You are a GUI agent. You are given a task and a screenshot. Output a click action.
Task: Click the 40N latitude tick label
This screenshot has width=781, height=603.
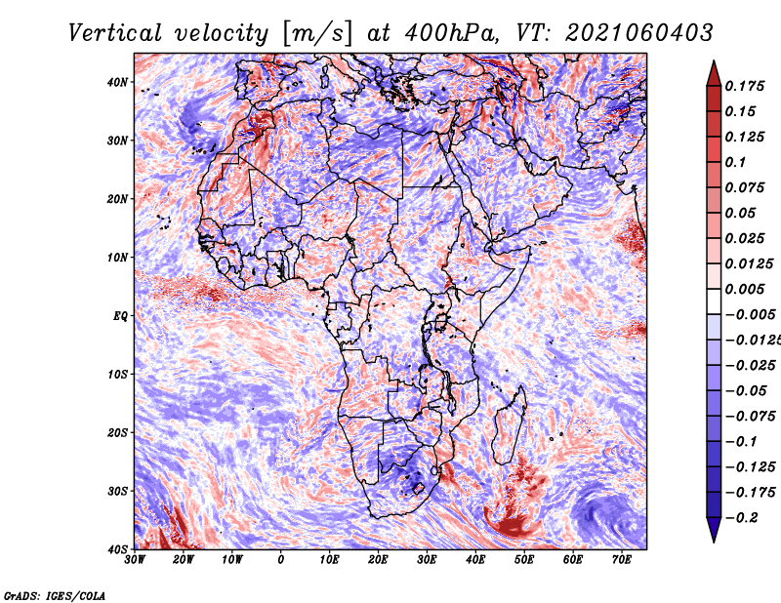pos(117,82)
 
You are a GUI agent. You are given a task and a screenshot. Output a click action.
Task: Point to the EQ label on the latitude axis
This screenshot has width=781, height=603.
pos(120,316)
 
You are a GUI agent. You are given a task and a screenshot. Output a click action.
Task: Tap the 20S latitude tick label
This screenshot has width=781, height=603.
pos(117,432)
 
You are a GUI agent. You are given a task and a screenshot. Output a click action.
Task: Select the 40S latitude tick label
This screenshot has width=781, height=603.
pos(117,549)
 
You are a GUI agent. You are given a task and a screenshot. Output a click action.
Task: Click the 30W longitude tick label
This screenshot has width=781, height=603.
pos(135,560)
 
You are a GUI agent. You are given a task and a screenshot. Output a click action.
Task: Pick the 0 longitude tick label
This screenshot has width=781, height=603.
pos(281,560)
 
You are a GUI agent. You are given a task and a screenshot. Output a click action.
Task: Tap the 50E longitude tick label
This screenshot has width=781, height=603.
pos(524,560)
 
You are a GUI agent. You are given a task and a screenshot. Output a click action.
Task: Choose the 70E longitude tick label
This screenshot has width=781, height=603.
pos(622,560)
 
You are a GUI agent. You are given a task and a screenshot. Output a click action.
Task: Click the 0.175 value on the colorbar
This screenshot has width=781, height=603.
pos(744,86)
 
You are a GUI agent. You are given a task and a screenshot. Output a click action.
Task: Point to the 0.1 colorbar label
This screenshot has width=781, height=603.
pos(735,162)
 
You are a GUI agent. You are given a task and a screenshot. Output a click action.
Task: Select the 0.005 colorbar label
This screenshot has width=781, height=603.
pos(744,289)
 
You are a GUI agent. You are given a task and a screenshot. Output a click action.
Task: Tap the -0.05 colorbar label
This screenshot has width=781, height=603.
pos(750,391)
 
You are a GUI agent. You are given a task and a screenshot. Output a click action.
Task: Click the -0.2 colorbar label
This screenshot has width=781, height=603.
pos(741,518)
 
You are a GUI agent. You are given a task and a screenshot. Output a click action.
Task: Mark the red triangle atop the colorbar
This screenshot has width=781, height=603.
pos(714,74)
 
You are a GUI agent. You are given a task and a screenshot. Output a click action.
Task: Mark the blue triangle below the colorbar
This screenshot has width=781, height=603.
pos(714,530)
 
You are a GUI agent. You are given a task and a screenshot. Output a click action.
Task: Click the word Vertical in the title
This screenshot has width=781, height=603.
pos(114,33)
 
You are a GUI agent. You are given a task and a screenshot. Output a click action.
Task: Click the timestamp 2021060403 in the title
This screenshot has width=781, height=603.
pos(639,33)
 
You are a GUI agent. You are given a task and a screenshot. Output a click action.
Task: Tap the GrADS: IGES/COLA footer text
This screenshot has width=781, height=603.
pos(55,596)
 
